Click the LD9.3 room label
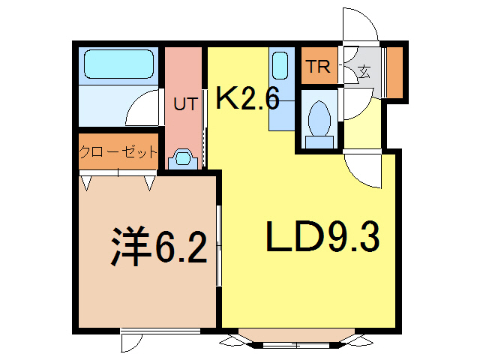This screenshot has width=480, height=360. click(322, 238)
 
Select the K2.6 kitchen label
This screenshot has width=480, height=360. click(247, 98)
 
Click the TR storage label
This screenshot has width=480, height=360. click(317, 67)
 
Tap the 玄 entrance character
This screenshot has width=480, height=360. click(364, 73)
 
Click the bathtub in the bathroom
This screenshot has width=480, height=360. click(118, 65)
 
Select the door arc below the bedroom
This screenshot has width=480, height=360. click(131, 342)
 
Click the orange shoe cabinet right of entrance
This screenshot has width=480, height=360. click(395, 72)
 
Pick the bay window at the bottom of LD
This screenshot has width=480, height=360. click(298, 339)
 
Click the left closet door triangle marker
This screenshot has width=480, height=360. click(87, 182)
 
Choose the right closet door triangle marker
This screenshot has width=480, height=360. click(150, 182)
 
